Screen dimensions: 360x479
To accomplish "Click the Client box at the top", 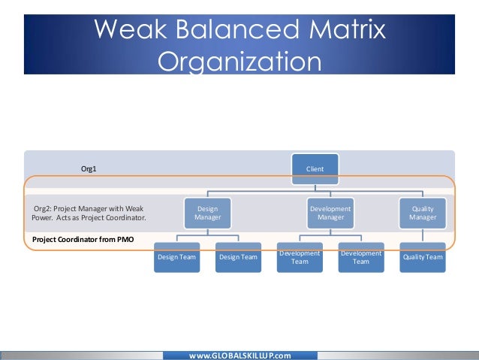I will (x=315, y=169).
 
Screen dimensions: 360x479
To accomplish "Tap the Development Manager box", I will (x=330, y=213).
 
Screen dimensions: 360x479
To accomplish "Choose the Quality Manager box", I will (x=423, y=213).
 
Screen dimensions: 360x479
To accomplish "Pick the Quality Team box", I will (x=423, y=257).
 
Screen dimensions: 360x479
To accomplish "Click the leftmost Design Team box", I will (x=176, y=257).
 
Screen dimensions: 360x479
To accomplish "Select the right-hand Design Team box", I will (x=238, y=257).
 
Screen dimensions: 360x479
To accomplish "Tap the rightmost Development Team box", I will (x=361, y=257).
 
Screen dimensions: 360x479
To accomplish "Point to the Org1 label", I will (x=89, y=169).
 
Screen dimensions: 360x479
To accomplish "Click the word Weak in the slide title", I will (x=132, y=31).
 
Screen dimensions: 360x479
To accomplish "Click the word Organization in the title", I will (x=239, y=60).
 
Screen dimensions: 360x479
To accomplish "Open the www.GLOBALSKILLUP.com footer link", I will (x=239, y=355).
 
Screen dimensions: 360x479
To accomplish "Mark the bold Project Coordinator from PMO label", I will (x=83, y=239).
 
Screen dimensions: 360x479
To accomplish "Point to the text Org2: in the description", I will (x=44, y=208).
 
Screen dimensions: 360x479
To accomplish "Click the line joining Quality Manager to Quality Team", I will (x=423, y=236).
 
